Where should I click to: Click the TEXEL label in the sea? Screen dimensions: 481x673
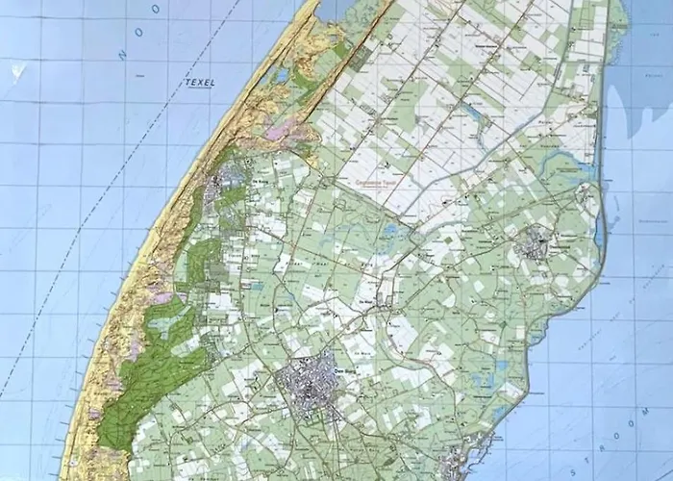199,83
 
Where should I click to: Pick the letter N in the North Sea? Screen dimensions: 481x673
122,56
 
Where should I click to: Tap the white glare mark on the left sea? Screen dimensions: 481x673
16,69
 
